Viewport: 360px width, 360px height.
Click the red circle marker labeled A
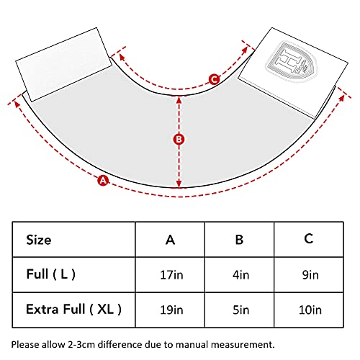click(103, 180)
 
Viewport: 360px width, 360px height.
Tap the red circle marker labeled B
click(179, 139)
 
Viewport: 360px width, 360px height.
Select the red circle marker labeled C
click(214, 79)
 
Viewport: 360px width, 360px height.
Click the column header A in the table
click(170, 240)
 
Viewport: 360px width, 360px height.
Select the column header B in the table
click(239, 240)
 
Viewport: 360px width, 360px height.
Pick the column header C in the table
click(309, 239)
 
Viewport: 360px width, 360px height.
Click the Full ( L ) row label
click(51, 274)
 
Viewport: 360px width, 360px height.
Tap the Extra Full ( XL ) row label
click(73, 309)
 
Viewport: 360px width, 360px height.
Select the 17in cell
click(171, 275)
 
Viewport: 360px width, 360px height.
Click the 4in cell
click(240, 275)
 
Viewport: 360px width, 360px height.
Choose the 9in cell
click(310, 275)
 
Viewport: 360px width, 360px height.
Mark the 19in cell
click(171, 310)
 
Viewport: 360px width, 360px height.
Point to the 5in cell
click(240, 310)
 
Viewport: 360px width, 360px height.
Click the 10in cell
click(310, 310)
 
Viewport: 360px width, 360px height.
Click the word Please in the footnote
click(25, 345)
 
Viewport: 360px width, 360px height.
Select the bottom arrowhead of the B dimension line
click(179, 184)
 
